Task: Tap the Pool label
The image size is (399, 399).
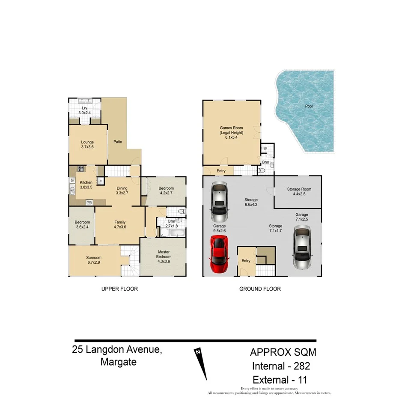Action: pos(308,106)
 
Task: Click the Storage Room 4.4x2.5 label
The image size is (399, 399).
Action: pos(299,192)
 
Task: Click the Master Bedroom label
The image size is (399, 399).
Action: pos(164,255)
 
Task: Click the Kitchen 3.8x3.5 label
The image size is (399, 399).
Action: pos(86,185)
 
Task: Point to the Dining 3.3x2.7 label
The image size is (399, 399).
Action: pos(122,191)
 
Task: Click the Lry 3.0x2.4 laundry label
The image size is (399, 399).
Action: pos(84,111)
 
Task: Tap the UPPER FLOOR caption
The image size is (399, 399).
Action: pos(119,289)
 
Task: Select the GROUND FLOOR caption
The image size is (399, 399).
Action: pos(260,289)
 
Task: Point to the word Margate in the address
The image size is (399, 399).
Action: pos(119,362)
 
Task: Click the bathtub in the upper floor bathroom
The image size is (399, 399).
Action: pos(172,233)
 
